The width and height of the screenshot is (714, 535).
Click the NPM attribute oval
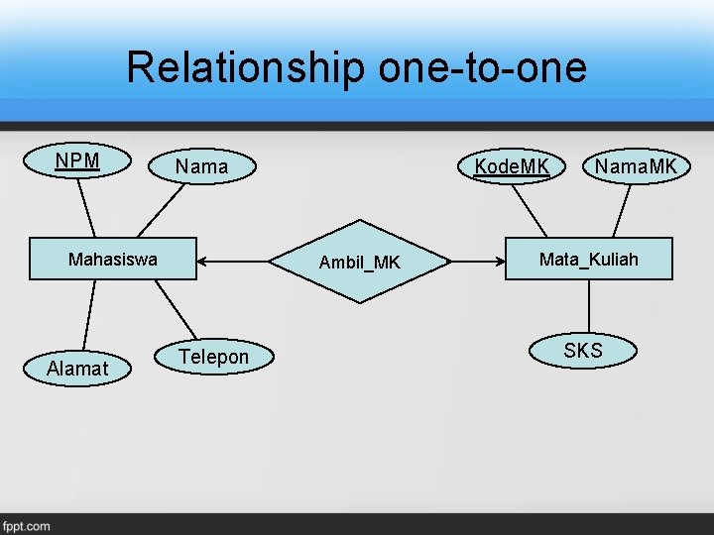tap(78, 161)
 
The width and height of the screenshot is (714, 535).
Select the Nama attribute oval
tap(201, 166)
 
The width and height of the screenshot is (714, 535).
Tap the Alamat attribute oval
tap(77, 369)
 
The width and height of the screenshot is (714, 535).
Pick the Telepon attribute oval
tap(213, 357)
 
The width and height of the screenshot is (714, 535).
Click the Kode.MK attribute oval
tap(512, 166)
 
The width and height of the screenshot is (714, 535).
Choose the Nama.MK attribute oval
tap(636, 166)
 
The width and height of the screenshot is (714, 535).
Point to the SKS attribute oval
tap(583, 351)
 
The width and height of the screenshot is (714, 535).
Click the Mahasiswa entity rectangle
tap(112, 260)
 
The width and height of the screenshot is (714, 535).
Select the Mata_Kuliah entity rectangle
tap(589, 260)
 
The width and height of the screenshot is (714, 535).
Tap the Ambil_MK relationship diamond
tap(359, 262)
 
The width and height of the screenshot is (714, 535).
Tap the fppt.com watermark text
tap(26, 526)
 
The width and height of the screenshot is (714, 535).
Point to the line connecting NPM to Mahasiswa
tap(87, 208)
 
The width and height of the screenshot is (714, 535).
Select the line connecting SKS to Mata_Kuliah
tap(588, 307)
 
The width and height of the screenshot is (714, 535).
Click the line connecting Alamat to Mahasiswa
tap(90, 314)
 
